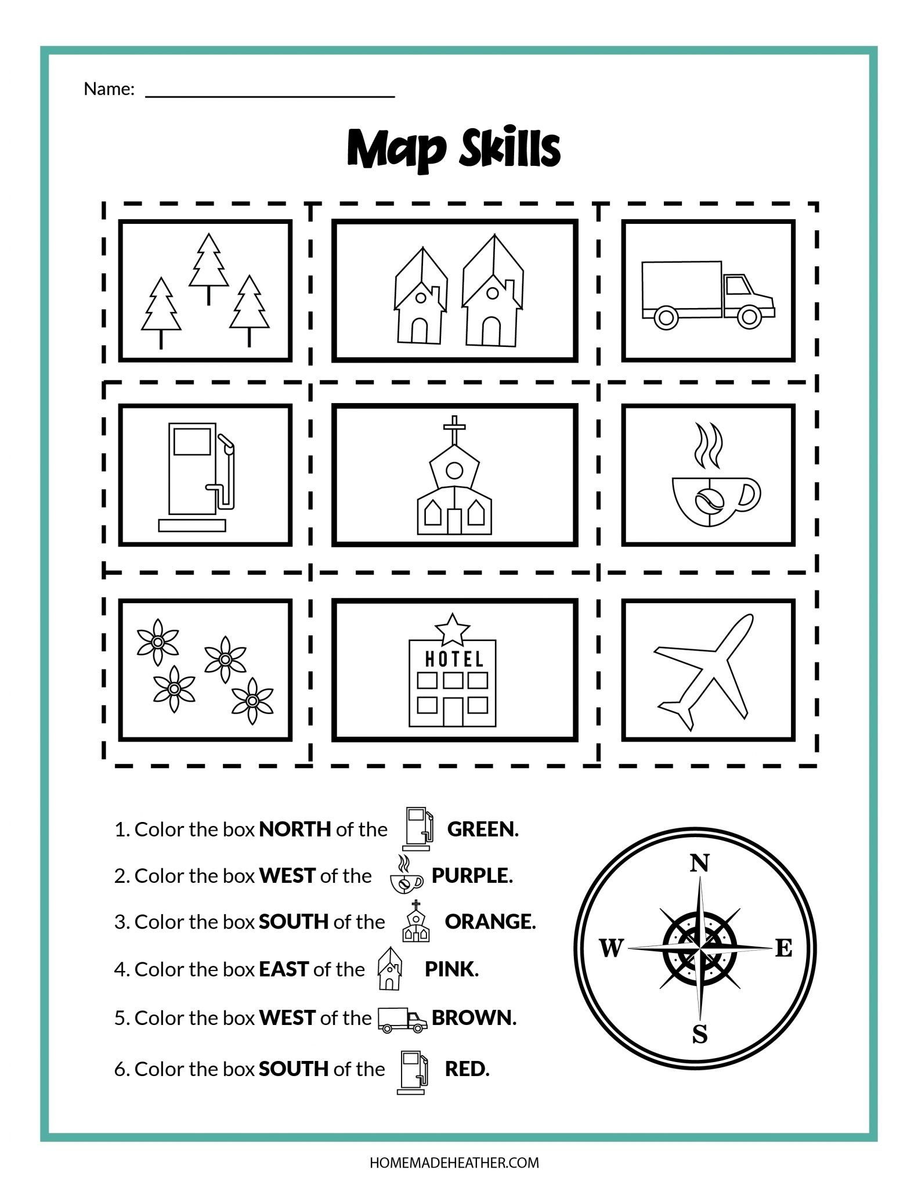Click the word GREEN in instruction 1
click(482, 829)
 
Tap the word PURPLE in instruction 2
click(472, 875)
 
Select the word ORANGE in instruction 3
click(490, 921)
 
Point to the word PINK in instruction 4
click(451, 969)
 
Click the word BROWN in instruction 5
click(474, 1017)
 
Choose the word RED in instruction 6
click(467, 1069)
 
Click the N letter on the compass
click(699, 864)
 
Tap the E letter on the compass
click(783, 948)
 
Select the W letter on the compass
click(610, 949)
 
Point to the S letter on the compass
click(700, 1034)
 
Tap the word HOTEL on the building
click(454, 659)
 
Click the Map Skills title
click(454, 149)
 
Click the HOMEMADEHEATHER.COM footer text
click(454, 1162)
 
